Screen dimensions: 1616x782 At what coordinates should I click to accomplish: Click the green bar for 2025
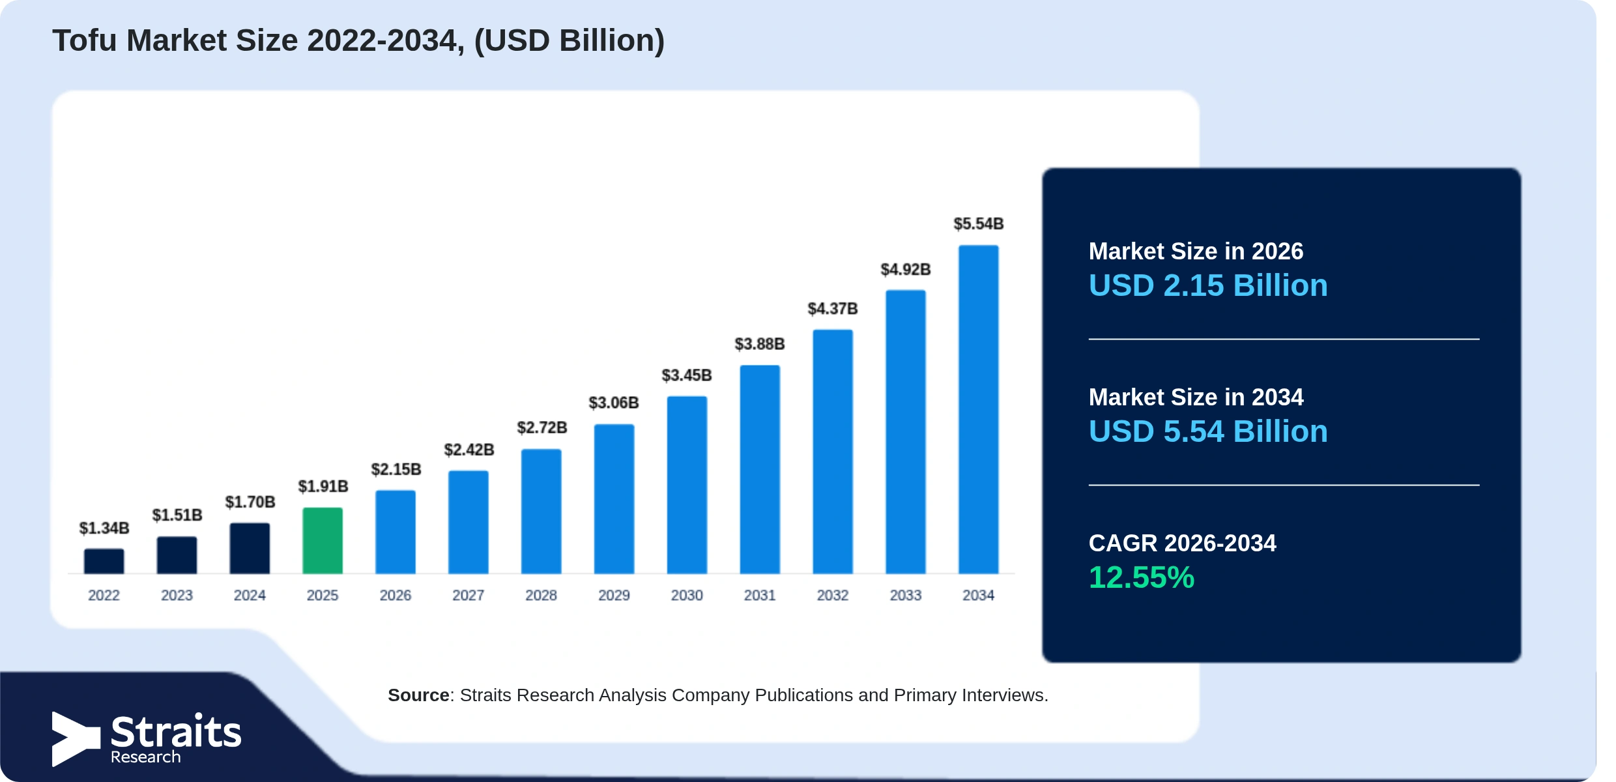pos(323,540)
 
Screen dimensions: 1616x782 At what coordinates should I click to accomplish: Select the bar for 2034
pos(978,409)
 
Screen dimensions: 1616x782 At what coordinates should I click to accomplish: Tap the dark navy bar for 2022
pos(104,561)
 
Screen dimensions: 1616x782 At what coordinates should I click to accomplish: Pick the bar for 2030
pos(687,485)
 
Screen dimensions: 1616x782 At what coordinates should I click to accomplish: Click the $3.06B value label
pos(614,403)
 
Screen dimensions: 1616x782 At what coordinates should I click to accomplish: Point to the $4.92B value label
pos(906,269)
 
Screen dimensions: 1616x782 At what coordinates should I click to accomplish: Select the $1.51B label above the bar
pos(177,515)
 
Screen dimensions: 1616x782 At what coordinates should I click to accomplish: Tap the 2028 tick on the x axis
pos(541,595)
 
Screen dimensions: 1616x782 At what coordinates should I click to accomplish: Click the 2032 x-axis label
pos(833,595)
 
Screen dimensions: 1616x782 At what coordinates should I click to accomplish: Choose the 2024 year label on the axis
pos(250,595)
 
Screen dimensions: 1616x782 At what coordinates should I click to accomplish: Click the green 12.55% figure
pos(1142,577)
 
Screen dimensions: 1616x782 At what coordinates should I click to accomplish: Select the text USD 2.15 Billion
pos(1208,285)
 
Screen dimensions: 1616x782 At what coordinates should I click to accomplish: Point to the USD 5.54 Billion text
pos(1208,431)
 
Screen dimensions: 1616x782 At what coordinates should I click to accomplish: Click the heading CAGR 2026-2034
pos(1182,543)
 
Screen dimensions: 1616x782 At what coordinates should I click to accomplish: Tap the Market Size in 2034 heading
pos(1196,397)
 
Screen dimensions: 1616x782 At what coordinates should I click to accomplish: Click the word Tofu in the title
pos(85,40)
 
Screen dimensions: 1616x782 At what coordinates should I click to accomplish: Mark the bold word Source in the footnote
pos(418,695)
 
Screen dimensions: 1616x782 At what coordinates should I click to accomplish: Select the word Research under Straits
pos(145,757)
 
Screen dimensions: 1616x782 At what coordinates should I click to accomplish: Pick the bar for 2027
pos(469,522)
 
